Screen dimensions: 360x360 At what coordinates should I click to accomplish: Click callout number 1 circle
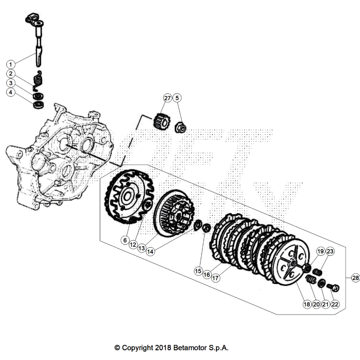pos(11,63)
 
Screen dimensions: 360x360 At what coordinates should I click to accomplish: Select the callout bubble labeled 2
pos(11,74)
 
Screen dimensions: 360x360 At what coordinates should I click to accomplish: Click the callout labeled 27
pos(167,98)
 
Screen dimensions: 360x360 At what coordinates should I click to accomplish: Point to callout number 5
pos(177,98)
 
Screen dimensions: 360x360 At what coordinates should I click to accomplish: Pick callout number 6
pos(125,240)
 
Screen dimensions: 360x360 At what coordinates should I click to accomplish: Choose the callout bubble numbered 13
pos(141,248)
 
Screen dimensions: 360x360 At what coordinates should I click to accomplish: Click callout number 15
pos(198,271)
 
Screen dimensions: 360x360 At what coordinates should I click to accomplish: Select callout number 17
pos(215,279)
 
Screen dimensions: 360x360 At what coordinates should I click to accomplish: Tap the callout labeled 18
pos(306,304)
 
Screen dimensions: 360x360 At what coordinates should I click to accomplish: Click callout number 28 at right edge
pos(355,278)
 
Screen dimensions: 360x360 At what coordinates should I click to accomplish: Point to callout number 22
pos(335,304)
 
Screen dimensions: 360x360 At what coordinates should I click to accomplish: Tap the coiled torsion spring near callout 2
pos(37,80)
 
